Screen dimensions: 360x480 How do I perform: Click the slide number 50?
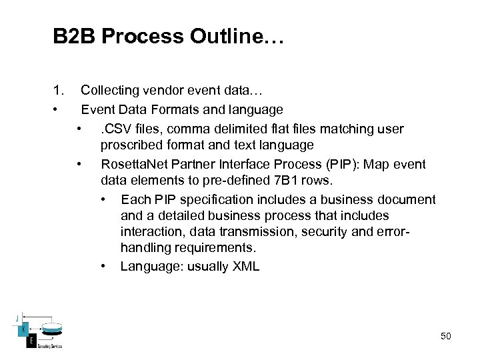(x=445, y=336)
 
